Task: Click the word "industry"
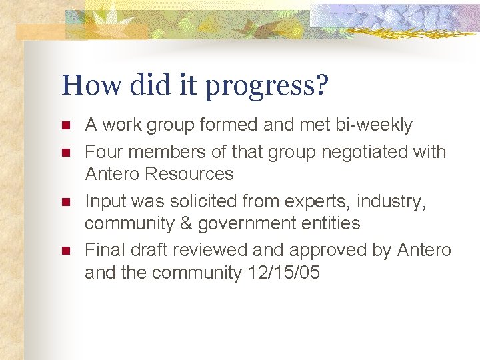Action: point(395,201)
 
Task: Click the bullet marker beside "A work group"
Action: point(65,125)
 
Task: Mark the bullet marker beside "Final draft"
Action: point(65,251)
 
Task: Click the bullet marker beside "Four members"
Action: point(65,153)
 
